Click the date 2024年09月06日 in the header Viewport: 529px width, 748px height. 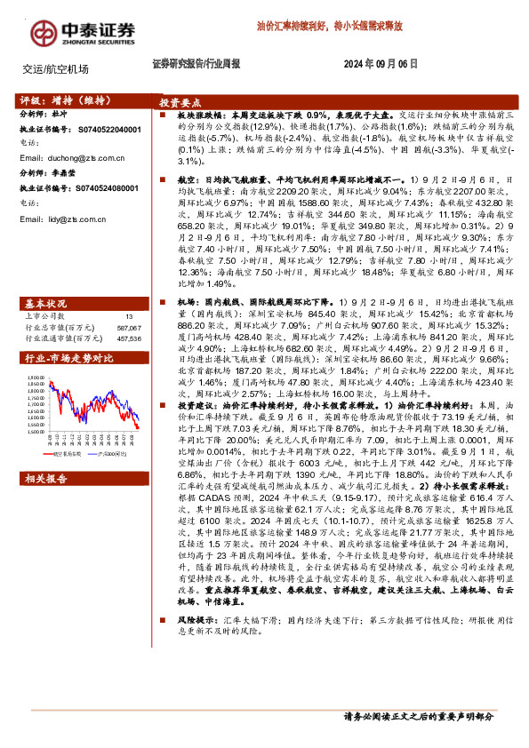coord(381,64)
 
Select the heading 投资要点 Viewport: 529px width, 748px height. coord(187,102)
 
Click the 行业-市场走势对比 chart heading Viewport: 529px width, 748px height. coord(68,359)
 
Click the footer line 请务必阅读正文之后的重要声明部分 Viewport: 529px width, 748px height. coord(418,717)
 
